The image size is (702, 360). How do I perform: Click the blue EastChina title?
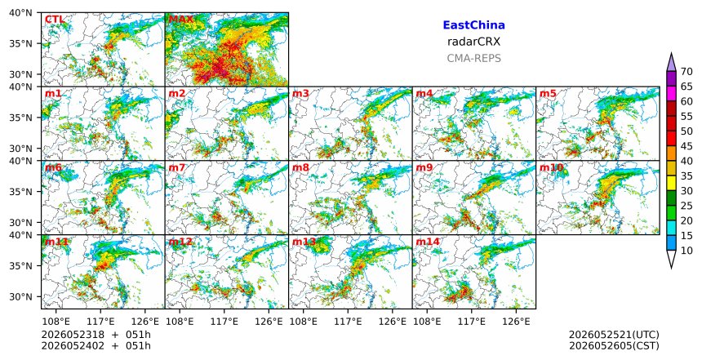(473, 25)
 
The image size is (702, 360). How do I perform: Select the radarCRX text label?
(473, 42)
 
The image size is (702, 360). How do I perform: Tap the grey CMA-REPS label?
(473, 58)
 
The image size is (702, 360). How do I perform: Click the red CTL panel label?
(55, 20)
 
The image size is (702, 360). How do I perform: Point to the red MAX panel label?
(180, 20)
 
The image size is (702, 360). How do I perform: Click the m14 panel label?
(428, 242)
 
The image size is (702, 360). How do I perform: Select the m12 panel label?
(180, 242)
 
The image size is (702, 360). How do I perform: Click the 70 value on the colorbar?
(686, 72)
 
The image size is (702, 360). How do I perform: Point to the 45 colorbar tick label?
(686, 146)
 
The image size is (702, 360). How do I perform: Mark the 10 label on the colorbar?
(686, 251)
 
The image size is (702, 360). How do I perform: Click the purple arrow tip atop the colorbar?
(671, 53)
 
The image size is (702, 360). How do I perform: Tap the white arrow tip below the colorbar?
(671, 268)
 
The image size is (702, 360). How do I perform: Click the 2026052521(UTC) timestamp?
(614, 335)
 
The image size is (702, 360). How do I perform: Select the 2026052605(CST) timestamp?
(614, 345)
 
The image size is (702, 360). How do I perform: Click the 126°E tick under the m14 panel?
(516, 321)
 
